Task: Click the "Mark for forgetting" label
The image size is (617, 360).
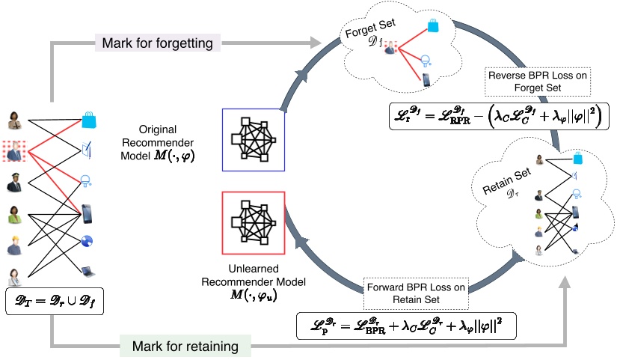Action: [x=159, y=44]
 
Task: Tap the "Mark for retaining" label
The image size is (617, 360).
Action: [x=185, y=346]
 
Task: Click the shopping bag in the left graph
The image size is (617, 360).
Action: [x=90, y=117]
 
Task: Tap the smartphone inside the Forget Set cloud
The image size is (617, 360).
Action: [x=426, y=79]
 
